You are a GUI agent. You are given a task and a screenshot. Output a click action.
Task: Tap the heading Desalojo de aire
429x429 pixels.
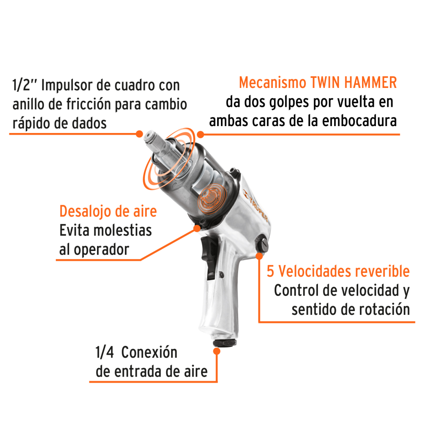108,211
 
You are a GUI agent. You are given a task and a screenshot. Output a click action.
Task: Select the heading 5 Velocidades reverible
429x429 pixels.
338,271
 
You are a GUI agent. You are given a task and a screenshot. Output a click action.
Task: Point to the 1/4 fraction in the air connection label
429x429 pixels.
104,353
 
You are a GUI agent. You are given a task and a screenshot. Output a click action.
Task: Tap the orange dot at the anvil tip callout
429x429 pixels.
139,133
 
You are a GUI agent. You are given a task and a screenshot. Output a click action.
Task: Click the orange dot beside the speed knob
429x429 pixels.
259,256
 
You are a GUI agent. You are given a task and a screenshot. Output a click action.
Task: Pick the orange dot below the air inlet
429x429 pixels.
217,351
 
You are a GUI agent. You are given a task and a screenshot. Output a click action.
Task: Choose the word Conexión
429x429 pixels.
149,353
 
